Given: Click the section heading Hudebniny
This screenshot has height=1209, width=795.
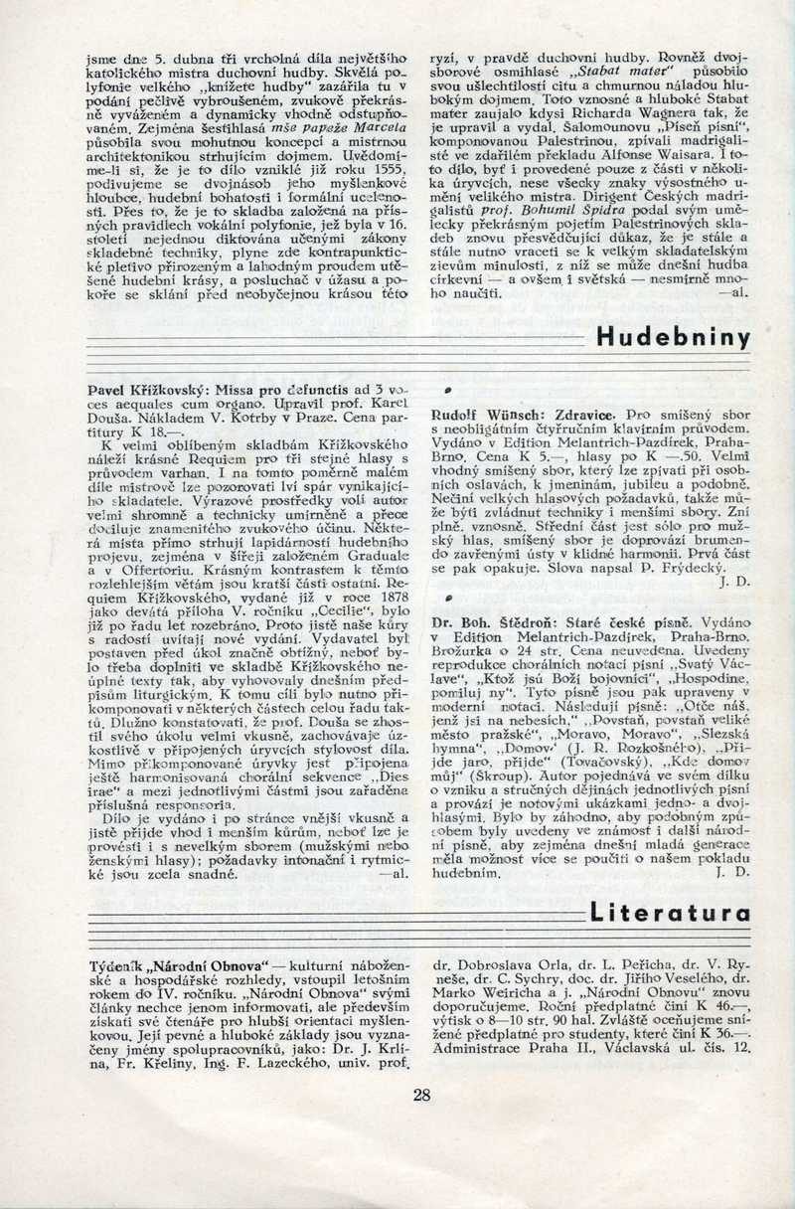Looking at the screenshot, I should (673, 337).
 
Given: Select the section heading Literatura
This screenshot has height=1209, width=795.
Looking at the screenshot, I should (669, 912).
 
